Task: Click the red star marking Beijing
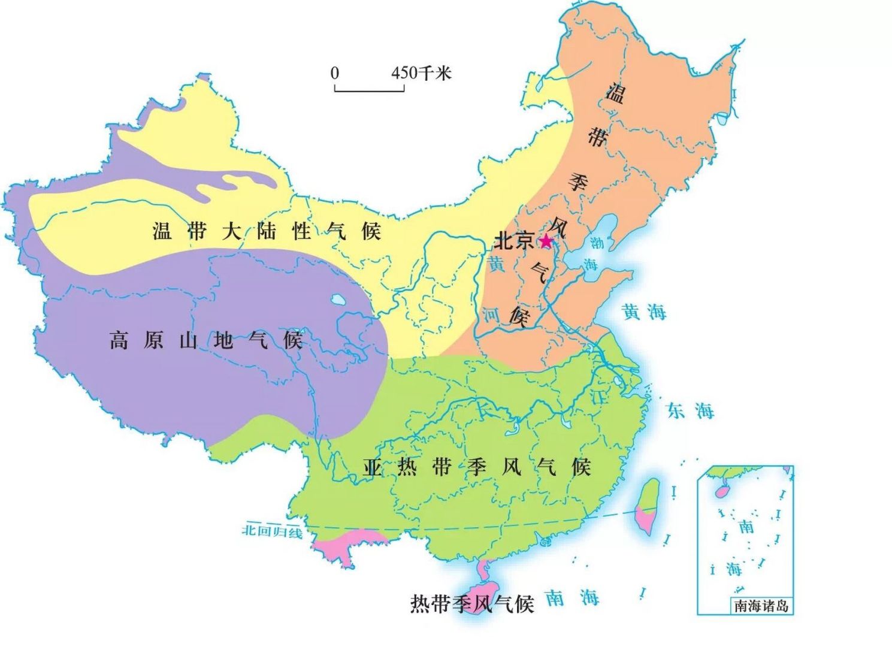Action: point(546,241)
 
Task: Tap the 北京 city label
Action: point(513,241)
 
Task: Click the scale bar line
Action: point(369,90)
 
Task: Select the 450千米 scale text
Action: point(421,73)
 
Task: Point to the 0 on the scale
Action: point(334,73)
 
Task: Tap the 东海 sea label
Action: point(691,410)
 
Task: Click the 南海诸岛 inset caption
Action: point(761,606)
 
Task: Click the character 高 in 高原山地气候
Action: point(118,341)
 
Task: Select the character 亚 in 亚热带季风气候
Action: point(372,467)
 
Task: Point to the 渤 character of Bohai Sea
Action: point(597,243)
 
